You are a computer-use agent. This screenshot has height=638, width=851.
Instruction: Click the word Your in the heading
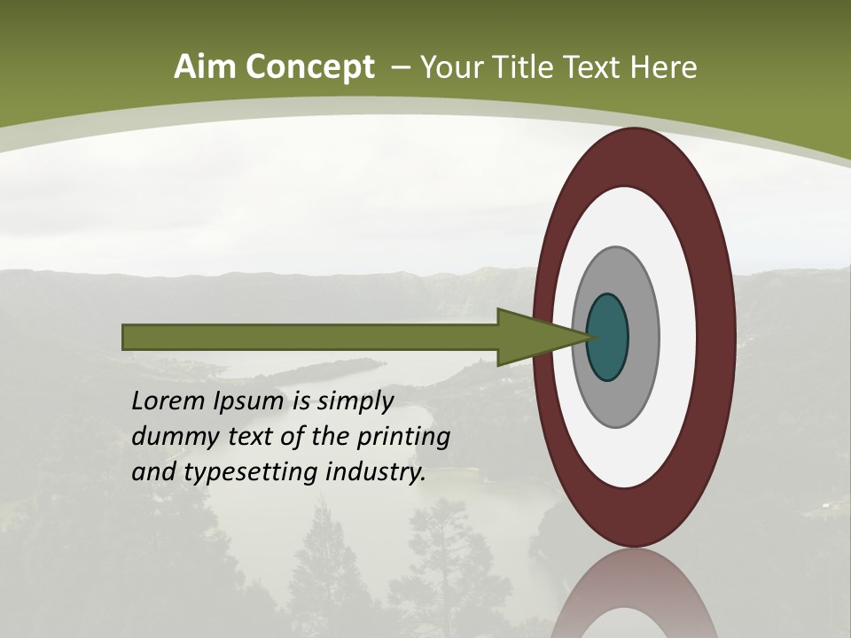click(x=452, y=67)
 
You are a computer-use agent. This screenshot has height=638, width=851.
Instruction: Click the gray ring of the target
click(x=643, y=338)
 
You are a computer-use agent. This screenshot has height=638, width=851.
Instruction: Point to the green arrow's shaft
click(x=310, y=338)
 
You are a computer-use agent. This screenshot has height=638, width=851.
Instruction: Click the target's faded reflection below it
click(x=635, y=598)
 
